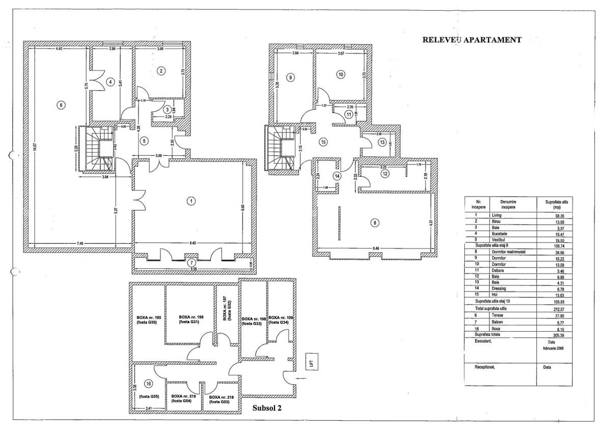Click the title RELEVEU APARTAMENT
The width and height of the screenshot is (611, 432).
[x=471, y=40]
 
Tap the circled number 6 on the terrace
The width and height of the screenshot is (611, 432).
[x=61, y=105]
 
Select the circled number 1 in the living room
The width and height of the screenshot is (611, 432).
[x=191, y=201]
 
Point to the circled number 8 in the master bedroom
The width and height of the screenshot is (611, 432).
[x=375, y=223]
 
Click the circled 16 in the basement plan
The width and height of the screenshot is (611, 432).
[x=149, y=384]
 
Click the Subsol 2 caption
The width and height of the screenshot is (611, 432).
[x=267, y=408]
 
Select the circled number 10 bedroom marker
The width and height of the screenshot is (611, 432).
[x=341, y=74]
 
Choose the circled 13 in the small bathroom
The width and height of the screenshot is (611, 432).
[x=382, y=143]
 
